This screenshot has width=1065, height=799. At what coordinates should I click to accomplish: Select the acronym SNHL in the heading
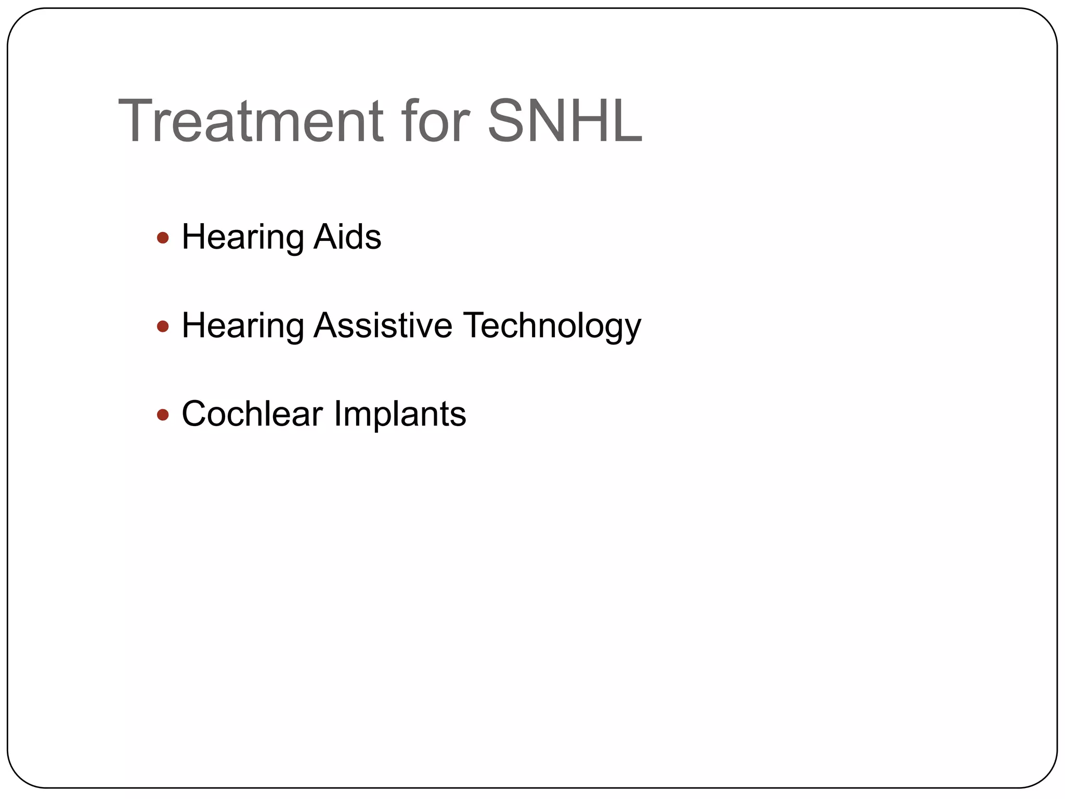(x=565, y=121)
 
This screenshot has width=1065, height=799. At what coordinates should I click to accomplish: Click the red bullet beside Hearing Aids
(x=163, y=238)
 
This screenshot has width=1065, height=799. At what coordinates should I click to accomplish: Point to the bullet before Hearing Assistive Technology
(x=163, y=327)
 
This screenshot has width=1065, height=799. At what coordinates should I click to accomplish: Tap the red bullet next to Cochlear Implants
(x=163, y=415)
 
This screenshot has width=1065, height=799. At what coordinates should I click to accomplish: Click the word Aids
(x=347, y=237)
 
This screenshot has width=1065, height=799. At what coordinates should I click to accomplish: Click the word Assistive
(x=383, y=326)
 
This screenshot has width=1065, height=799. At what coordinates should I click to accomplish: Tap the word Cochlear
(x=252, y=414)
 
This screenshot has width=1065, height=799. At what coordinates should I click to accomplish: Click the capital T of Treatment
(x=136, y=121)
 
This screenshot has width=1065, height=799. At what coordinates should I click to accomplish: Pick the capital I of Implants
(x=337, y=414)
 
